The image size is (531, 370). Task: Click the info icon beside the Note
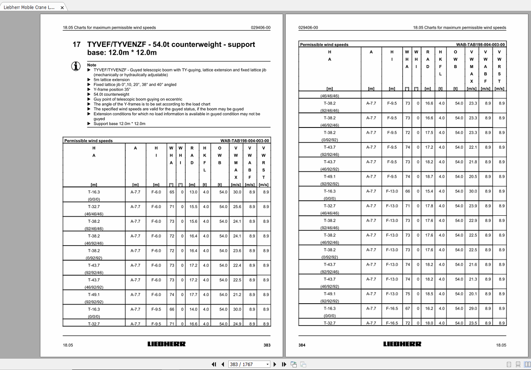(76, 66)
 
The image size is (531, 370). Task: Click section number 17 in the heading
(76, 44)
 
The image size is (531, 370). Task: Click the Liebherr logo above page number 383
(166, 344)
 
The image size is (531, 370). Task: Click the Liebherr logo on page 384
(402, 344)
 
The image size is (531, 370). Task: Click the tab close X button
(62, 8)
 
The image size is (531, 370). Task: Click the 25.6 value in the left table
(237, 207)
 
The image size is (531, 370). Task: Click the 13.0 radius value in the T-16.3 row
(193, 192)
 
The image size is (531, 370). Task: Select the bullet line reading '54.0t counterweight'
(112, 94)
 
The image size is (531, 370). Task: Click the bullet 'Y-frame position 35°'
(112, 90)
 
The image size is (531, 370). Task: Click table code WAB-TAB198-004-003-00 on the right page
(481, 44)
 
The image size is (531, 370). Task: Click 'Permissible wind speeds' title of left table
(88, 141)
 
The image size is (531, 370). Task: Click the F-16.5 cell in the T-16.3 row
(392, 308)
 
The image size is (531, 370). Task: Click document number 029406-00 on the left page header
(261, 28)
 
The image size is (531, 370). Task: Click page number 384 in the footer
(302, 345)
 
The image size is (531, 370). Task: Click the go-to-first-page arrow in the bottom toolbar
(214, 364)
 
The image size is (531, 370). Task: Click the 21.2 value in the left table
(237, 295)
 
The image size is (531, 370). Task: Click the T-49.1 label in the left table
(94, 295)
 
